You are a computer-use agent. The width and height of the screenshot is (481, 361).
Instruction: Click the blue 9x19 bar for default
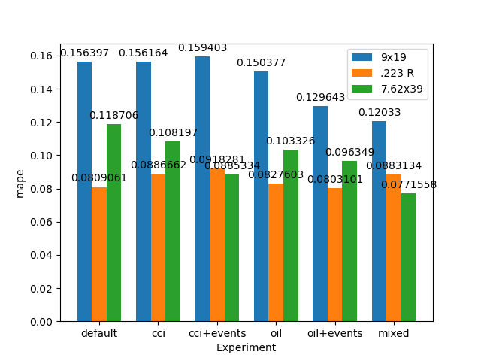[84, 192]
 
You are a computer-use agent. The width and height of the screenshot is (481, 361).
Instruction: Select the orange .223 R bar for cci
[158, 247]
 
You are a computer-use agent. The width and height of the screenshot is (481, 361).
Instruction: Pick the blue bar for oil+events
[320, 214]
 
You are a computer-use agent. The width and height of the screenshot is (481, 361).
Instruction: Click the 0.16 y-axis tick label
[41, 56]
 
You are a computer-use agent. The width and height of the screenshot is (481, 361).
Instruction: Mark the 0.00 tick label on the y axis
[41, 321]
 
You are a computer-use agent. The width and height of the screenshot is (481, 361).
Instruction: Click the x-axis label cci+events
[216, 333]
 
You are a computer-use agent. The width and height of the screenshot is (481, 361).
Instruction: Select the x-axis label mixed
[394, 333]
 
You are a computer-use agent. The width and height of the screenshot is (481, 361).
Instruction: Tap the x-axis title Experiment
[246, 347]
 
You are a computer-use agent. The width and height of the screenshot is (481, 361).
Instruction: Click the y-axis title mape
[20, 183]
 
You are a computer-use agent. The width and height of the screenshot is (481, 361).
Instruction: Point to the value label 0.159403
[202, 48]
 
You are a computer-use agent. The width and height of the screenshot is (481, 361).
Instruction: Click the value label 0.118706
[113, 116]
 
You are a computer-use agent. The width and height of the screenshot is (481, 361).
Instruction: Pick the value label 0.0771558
[408, 185]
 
